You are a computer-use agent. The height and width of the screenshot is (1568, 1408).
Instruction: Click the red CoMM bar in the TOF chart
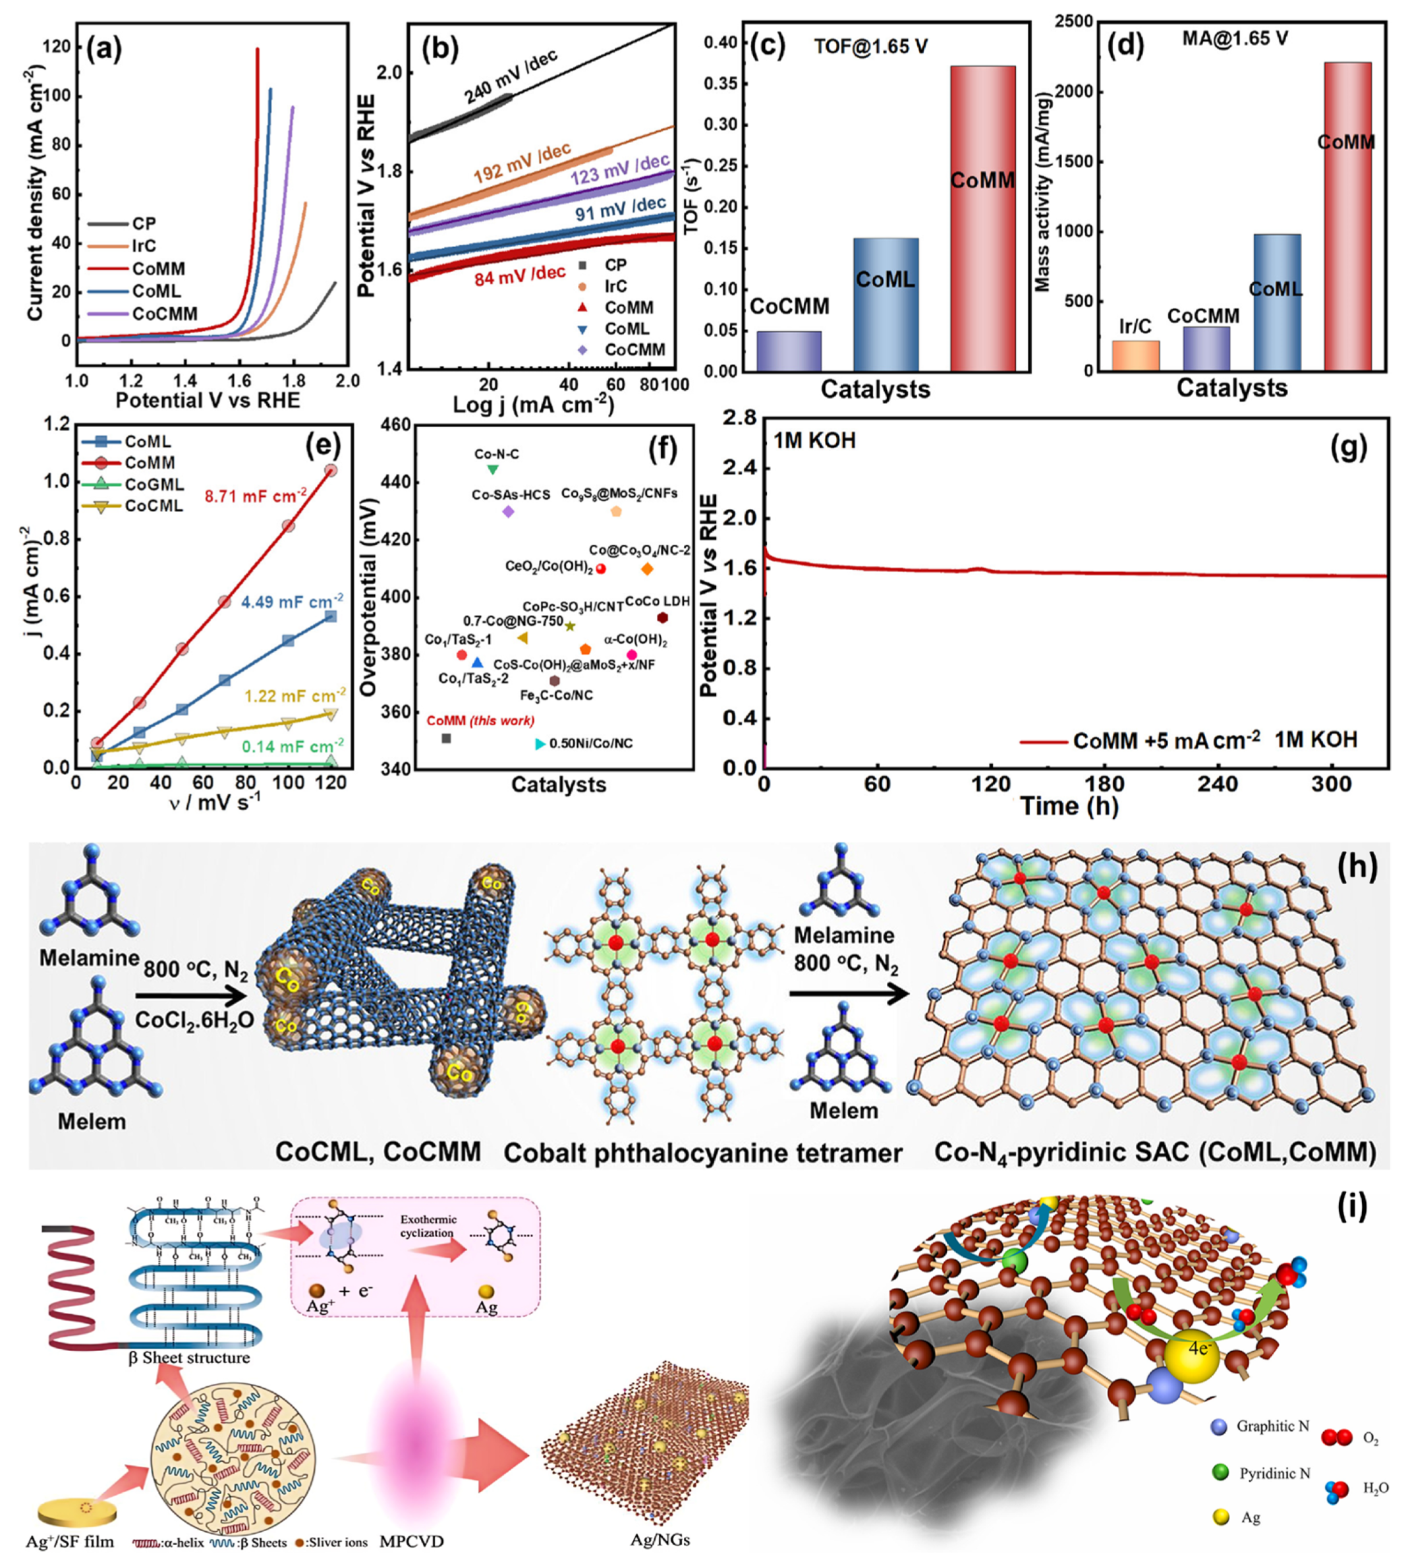(982, 218)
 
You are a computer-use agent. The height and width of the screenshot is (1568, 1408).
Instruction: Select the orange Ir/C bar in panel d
(1135, 355)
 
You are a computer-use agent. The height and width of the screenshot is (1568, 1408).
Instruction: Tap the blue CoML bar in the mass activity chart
(1276, 302)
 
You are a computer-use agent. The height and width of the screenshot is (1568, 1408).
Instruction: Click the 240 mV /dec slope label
(511, 77)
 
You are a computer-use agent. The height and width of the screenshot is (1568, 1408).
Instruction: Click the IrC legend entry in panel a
(144, 246)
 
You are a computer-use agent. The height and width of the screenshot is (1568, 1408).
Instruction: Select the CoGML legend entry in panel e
(154, 484)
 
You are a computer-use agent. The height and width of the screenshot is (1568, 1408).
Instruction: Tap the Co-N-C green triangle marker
(493, 469)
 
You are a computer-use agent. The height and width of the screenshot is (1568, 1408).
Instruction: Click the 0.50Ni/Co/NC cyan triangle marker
(540, 743)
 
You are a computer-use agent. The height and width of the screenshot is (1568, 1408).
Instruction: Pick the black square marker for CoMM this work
(446, 738)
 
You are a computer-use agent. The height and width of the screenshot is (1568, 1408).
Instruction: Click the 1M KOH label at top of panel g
(814, 440)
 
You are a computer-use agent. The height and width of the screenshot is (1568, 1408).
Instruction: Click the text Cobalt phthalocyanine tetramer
(702, 1153)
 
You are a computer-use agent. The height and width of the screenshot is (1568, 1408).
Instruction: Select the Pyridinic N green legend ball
(1221, 1473)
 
